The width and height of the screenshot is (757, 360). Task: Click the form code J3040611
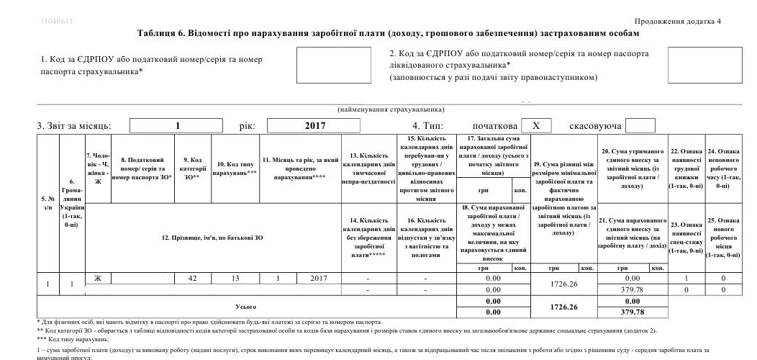coord(57,21)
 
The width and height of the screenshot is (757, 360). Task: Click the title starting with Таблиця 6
coord(387,34)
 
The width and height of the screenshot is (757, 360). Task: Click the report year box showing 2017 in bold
coord(315,126)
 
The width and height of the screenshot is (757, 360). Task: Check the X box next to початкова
coord(536,126)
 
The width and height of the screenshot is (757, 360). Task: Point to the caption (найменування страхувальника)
coord(391,109)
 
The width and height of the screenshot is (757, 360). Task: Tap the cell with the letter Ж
coord(98,278)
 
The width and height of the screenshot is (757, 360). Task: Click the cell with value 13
coord(235,278)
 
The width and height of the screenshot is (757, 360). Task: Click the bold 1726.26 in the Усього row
coord(564,307)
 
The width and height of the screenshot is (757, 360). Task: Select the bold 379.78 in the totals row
coord(632,312)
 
